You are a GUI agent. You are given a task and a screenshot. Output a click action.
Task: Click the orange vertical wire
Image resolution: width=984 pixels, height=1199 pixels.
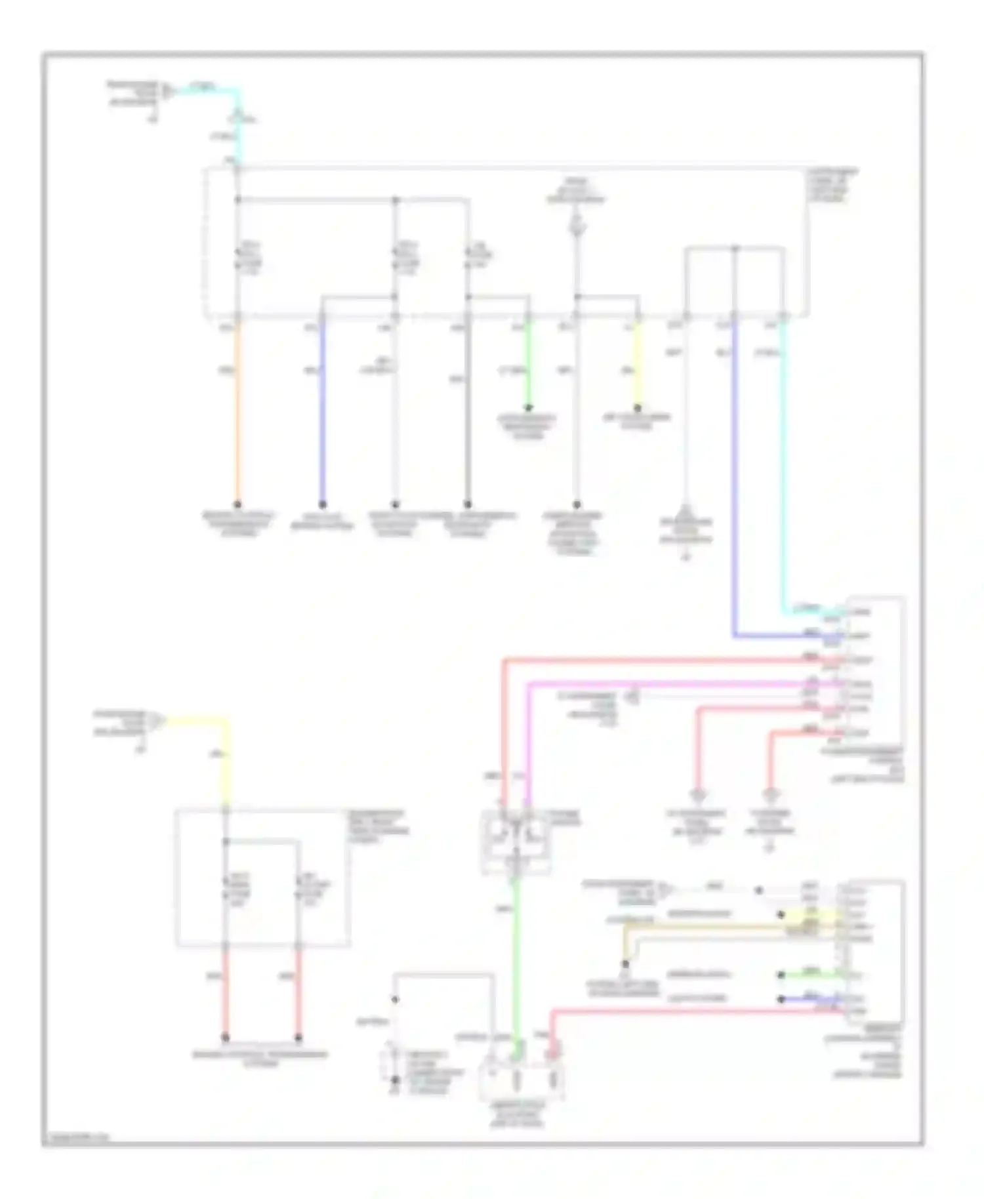(x=237, y=413)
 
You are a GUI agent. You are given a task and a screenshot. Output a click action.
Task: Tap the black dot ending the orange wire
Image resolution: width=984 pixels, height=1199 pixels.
(x=237, y=504)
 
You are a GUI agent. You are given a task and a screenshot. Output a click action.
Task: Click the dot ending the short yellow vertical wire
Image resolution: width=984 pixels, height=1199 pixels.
(x=638, y=408)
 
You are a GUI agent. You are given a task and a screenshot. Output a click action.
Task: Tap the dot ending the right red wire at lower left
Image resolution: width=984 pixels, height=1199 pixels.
(x=298, y=1038)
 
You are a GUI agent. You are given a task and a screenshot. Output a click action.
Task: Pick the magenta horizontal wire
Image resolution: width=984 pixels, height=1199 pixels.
(x=682, y=684)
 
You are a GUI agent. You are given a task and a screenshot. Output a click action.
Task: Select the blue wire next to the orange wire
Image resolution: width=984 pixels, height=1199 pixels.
(x=322, y=413)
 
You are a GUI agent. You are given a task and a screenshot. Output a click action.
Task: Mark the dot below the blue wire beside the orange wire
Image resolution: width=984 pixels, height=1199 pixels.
(x=322, y=504)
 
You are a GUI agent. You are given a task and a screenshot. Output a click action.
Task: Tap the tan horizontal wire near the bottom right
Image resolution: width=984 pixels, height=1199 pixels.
(x=722, y=927)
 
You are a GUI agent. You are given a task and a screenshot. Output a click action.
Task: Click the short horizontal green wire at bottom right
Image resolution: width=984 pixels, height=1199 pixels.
(x=810, y=975)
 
